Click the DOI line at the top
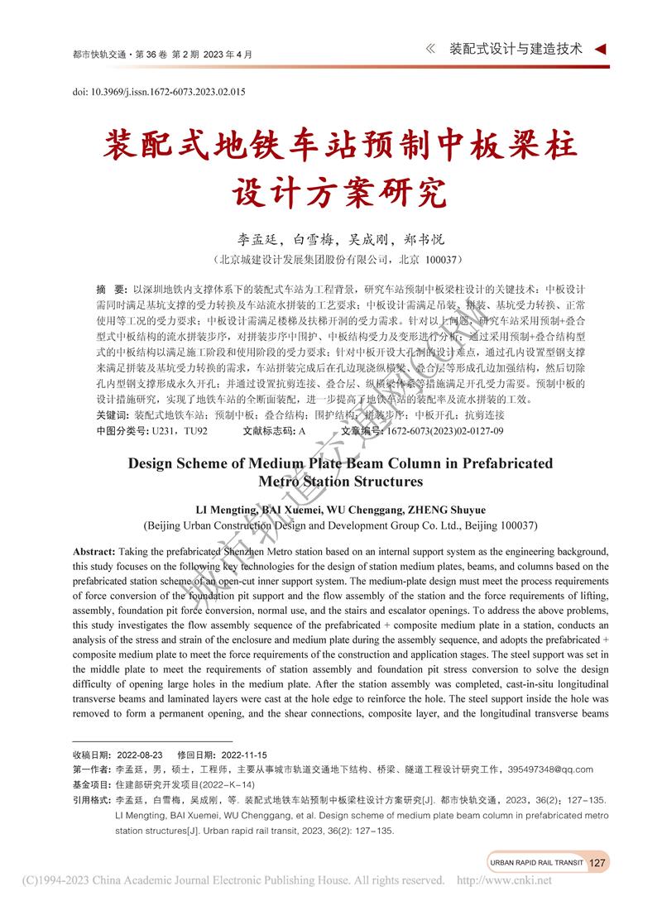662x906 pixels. pyautogui.click(x=159, y=92)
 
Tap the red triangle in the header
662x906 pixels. pyautogui.click(x=601, y=49)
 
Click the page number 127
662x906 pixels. pyautogui.click(x=597, y=862)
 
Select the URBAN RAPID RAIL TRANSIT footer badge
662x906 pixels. pyautogui.click(x=536, y=862)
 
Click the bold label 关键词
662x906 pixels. pyautogui.click(x=113, y=415)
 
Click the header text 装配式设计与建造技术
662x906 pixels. pyautogui.click(x=516, y=49)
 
